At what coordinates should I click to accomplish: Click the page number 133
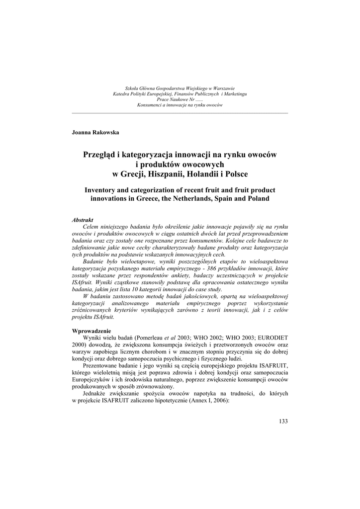click(x=283, y=422)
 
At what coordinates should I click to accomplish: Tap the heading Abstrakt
click(x=83, y=219)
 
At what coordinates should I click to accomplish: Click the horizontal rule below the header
click(x=180, y=113)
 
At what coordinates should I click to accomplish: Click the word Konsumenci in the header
click(x=150, y=105)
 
